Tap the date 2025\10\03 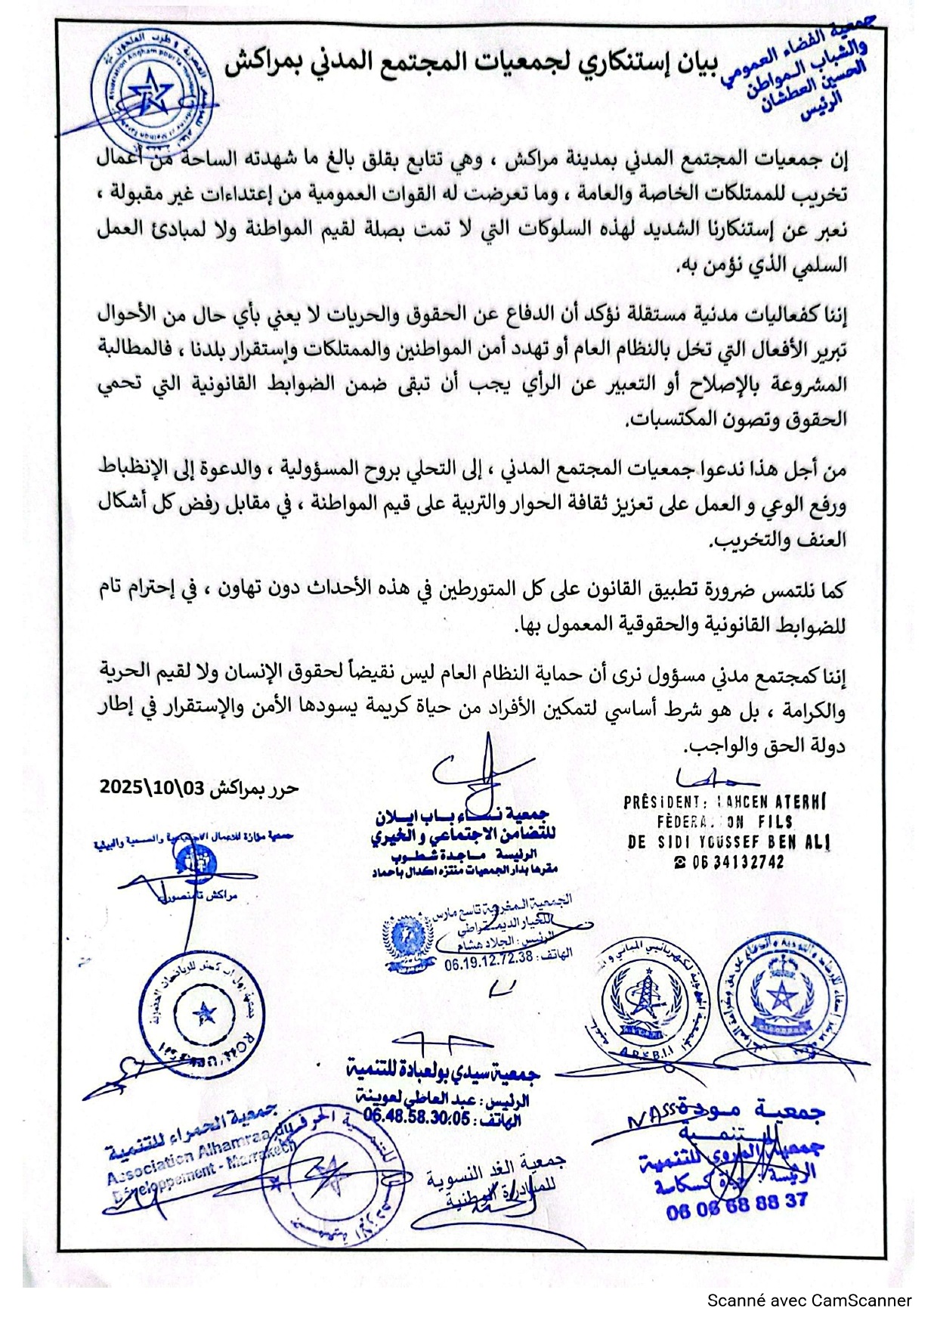152,786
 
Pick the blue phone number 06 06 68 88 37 737,1203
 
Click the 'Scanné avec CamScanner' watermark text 809,1301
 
